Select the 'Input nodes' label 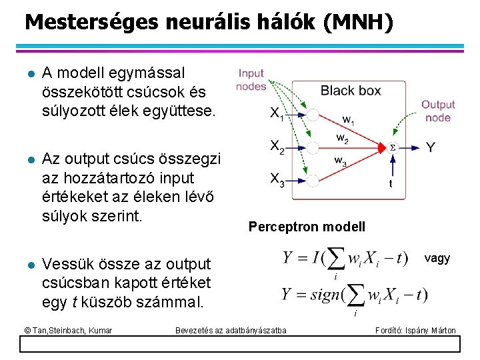251,79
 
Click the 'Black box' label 351,91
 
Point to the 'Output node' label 438,111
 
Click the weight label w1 349,120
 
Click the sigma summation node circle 392,147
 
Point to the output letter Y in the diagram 431,147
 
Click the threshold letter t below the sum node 390,183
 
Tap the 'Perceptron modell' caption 307,227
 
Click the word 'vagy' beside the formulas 437,258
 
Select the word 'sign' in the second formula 321,295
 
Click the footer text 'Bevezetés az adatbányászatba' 231,330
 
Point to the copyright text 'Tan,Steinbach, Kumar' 68,330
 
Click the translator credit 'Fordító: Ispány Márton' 416,330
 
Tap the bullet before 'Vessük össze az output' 27,265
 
